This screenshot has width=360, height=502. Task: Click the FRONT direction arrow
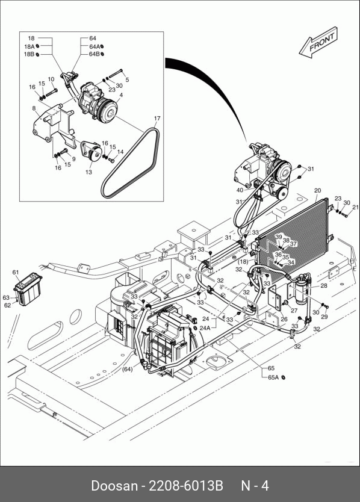(318, 43)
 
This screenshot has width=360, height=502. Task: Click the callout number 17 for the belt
(157, 119)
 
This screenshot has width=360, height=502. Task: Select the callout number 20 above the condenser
(317, 190)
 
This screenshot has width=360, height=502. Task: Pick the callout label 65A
(273, 377)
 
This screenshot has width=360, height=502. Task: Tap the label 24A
(205, 328)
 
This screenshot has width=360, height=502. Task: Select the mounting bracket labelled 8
(54, 125)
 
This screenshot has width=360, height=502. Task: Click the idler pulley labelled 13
(92, 152)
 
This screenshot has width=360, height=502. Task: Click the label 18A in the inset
(29, 46)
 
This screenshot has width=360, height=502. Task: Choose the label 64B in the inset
(94, 54)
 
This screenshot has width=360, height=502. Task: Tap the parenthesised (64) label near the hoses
(128, 369)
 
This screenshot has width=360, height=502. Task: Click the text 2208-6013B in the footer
(186, 486)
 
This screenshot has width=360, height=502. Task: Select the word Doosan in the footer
(114, 486)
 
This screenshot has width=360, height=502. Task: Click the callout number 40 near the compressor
(240, 190)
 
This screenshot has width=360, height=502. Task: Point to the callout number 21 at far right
(355, 208)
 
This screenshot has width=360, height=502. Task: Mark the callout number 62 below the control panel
(7, 305)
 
